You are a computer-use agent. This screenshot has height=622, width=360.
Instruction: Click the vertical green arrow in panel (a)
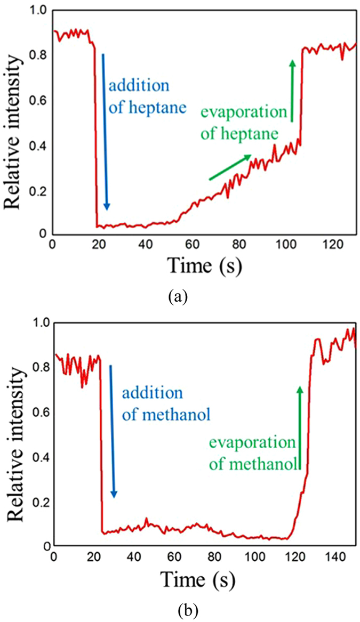coord(292,91)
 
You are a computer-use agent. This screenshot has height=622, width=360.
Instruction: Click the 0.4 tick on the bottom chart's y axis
coord(39,457)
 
